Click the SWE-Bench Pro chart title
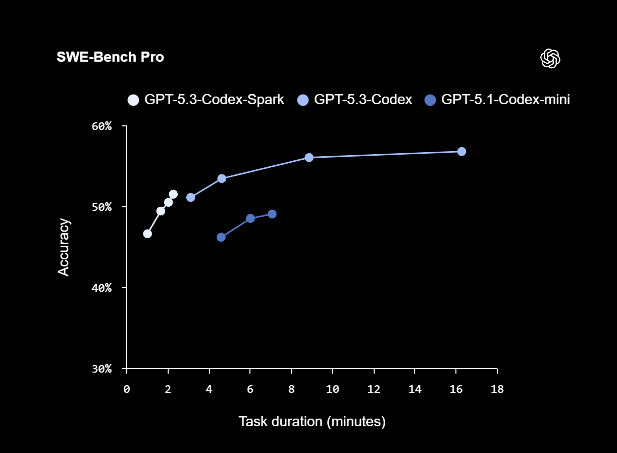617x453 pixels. (x=110, y=57)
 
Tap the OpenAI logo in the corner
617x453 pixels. (x=550, y=59)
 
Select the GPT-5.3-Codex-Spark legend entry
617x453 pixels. (x=206, y=100)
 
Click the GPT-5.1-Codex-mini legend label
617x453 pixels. (x=505, y=100)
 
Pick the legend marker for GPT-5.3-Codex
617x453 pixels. (x=303, y=100)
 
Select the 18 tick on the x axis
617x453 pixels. (x=497, y=389)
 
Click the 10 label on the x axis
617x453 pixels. (x=332, y=389)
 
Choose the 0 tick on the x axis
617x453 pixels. (x=127, y=389)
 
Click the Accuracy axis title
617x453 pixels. (x=64, y=247)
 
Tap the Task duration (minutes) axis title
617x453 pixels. (x=312, y=421)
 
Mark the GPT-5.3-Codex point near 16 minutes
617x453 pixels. (x=461, y=151)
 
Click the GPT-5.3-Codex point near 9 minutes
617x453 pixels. (x=309, y=157)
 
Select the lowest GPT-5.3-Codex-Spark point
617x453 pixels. (x=147, y=234)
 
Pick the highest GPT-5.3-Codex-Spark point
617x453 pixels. (x=173, y=194)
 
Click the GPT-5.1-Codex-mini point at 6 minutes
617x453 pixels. (x=250, y=218)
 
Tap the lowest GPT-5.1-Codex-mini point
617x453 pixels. (x=221, y=237)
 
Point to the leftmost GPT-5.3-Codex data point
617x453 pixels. (x=190, y=197)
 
